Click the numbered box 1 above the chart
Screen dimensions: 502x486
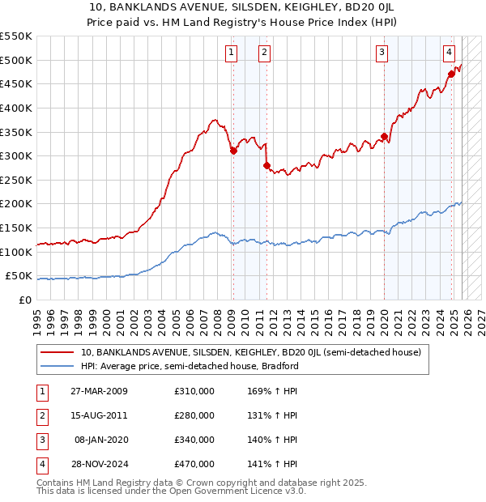pyautogui.click(x=232, y=53)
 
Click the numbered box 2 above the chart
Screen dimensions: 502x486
pyautogui.click(x=265, y=53)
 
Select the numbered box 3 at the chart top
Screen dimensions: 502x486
pyautogui.click(x=382, y=53)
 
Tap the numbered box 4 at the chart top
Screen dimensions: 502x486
pyautogui.click(x=449, y=53)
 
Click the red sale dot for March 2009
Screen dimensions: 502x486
pyautogui.click(x=233, y=150)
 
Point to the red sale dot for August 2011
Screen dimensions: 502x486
pyautogui.click(x=266, y=165)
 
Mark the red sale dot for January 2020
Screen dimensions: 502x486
pyautogui.click(x=384, y=136)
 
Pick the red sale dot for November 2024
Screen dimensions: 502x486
pyautogui.click(x=451, y=74)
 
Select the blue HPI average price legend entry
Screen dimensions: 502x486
pyautogui.click(x=190, y=366)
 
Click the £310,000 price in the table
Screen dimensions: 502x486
pyautogui.click(x=194, y=391)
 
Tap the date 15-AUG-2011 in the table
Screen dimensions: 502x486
pyautogui.click(x=104, y=415)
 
